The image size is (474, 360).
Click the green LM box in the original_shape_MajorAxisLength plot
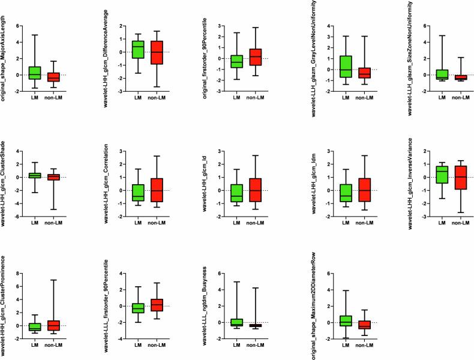34,73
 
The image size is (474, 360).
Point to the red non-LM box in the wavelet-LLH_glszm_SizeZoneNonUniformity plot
461,77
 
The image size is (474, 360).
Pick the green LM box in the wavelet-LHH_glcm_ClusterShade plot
34,175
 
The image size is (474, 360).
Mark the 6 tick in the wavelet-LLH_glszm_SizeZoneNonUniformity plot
425,27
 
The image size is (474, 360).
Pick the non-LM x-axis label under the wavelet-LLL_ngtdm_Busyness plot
256,346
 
